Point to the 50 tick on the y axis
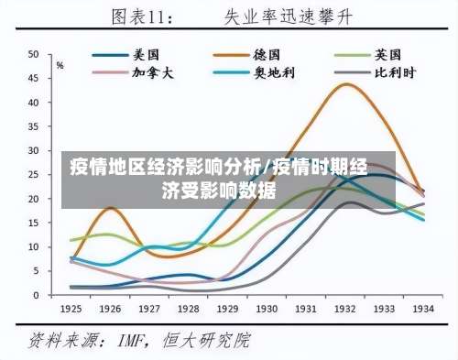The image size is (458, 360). point(33,55)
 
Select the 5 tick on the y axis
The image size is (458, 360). point(36,271)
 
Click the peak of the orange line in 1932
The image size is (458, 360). point(346,84)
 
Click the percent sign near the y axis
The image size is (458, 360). point(60,65)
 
